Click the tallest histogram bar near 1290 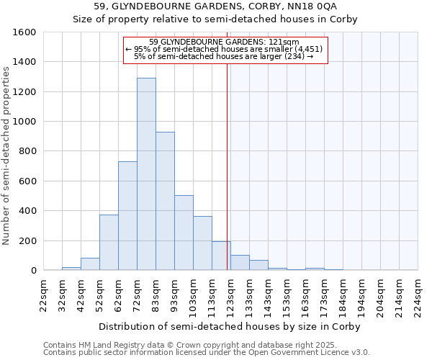[146, 174]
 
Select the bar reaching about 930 [165, 201]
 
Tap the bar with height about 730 [127, 215]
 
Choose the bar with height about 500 [184, 233]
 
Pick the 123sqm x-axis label [231, 294]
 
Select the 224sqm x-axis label [418, 294]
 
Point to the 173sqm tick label [325, 294]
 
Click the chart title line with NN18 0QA [215, 6]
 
